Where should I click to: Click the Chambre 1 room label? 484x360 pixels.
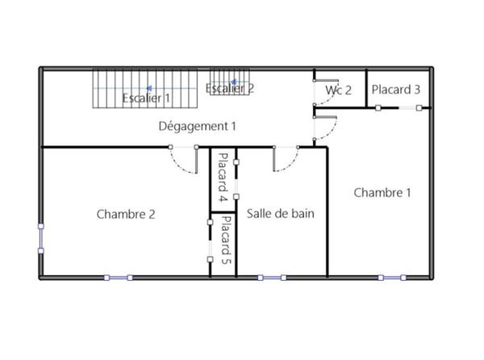coord(382,192)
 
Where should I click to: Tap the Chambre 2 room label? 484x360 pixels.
coord(126,214)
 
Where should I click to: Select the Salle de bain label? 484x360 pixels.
coord(280,214)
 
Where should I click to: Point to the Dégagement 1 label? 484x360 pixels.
coord(198,126)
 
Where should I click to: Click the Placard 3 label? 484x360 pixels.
coord(395,90)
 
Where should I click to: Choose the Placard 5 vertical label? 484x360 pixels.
coord(226,240)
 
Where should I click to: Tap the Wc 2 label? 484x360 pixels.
coord(339,90)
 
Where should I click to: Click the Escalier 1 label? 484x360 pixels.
coord(146,98)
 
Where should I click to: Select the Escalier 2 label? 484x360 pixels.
coord(230,89)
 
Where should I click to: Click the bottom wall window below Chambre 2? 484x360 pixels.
coord(118,278)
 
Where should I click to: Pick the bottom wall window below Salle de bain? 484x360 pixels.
coord(271,278)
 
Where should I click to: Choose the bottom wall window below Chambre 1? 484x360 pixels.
coord(392,278)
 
